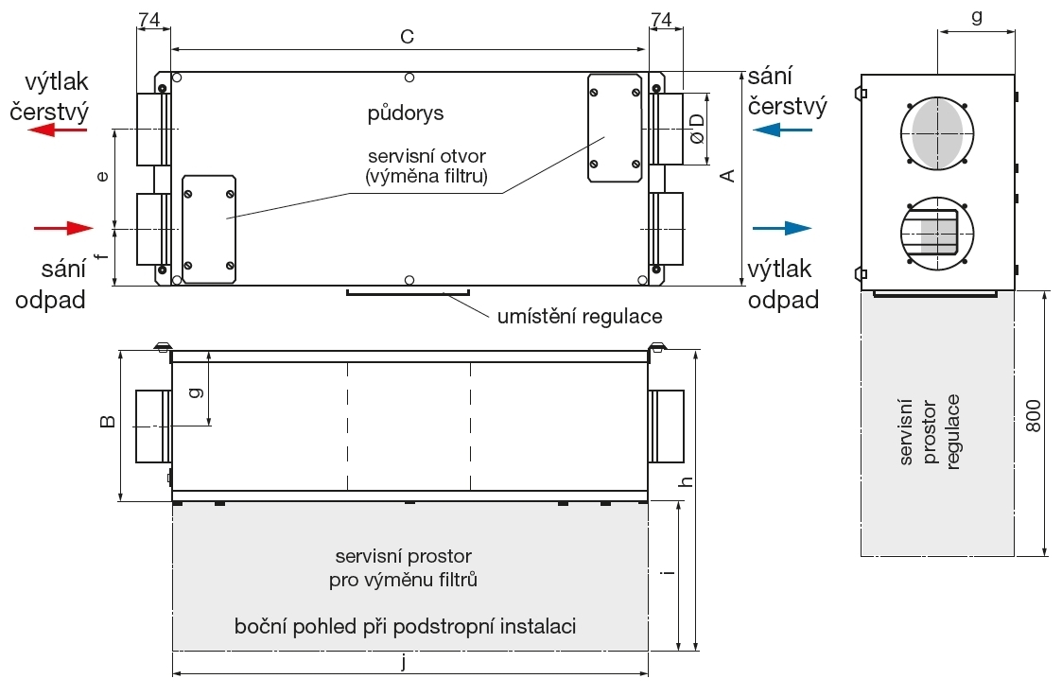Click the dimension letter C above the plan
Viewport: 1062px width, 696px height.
407,37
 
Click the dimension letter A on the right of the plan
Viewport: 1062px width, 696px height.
726,176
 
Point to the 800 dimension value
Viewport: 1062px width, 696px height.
1033,416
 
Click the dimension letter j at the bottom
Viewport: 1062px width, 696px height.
404,662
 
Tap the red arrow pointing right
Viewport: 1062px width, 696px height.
63,227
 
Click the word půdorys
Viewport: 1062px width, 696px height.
406,113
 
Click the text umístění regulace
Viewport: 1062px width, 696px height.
580,316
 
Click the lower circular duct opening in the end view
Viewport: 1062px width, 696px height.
937,233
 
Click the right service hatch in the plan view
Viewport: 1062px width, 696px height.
615,128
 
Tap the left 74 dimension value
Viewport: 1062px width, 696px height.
148,20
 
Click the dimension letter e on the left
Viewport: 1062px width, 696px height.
103,177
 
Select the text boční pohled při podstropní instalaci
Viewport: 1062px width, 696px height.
405,626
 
